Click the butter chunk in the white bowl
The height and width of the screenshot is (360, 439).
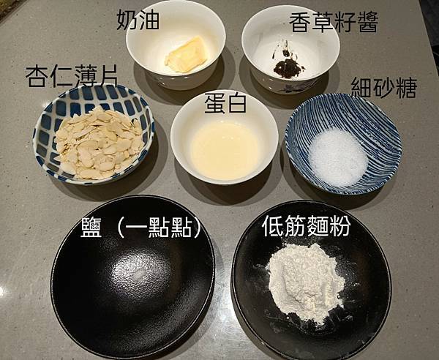[x=186, y=55]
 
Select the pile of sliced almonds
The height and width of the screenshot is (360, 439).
[x=98, y=143]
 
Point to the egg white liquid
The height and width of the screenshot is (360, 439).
[x=224, y=150]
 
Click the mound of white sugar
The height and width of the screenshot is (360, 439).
[x=337, y=157]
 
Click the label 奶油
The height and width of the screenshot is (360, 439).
[x=138, y=20]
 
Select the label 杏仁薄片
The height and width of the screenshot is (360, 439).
[x=72, y=76]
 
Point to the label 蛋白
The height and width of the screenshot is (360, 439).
[x=225, y=103]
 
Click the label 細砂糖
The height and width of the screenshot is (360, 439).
[x=384, y=87]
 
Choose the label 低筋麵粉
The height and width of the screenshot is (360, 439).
[x=306, y=226]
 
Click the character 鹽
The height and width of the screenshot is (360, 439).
[x=91, y=228]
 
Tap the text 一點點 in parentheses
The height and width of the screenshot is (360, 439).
[x=159, y=228]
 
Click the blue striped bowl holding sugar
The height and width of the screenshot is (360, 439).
[x=343, y=144]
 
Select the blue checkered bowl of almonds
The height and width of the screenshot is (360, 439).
[x=94, y=135]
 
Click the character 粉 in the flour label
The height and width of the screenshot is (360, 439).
[x=340, y=226]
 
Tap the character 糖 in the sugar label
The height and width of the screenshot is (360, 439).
[x=407, y=87]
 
